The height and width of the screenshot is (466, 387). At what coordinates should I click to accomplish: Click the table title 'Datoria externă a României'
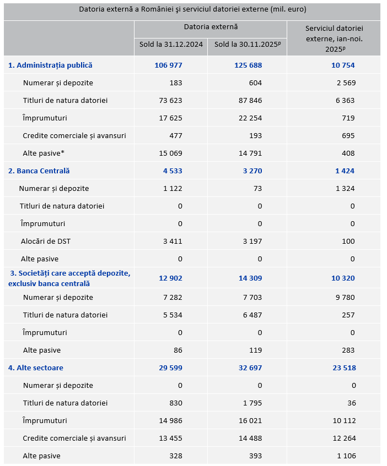click(192, 9)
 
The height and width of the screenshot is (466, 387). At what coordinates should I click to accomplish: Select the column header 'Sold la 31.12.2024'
click(170, 45)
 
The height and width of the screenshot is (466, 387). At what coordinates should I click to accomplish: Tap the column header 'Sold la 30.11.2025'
click(248, 45)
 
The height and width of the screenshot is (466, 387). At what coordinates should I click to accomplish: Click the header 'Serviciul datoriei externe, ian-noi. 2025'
click(334, 39)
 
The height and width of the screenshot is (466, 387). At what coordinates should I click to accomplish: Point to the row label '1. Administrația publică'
click(50, 65)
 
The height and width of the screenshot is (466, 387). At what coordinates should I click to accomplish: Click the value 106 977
click(168, 65)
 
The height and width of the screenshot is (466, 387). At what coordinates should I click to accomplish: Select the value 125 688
click(248, 65)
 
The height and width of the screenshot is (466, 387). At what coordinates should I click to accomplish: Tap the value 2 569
click(345, 83)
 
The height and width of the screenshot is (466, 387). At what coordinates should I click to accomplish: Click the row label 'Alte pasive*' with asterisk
click(47, 153)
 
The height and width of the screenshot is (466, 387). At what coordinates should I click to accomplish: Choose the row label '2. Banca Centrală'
click(39, 171)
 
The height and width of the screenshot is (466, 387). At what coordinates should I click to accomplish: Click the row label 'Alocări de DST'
click(46, 241)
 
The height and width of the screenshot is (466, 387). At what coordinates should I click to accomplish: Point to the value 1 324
click(345, 188)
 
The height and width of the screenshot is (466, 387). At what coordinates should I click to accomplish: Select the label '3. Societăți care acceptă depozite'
click(69, 273)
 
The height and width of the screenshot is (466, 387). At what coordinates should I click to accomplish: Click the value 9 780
click(345, 297)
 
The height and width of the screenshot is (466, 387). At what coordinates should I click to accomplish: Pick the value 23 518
click(343, 368)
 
